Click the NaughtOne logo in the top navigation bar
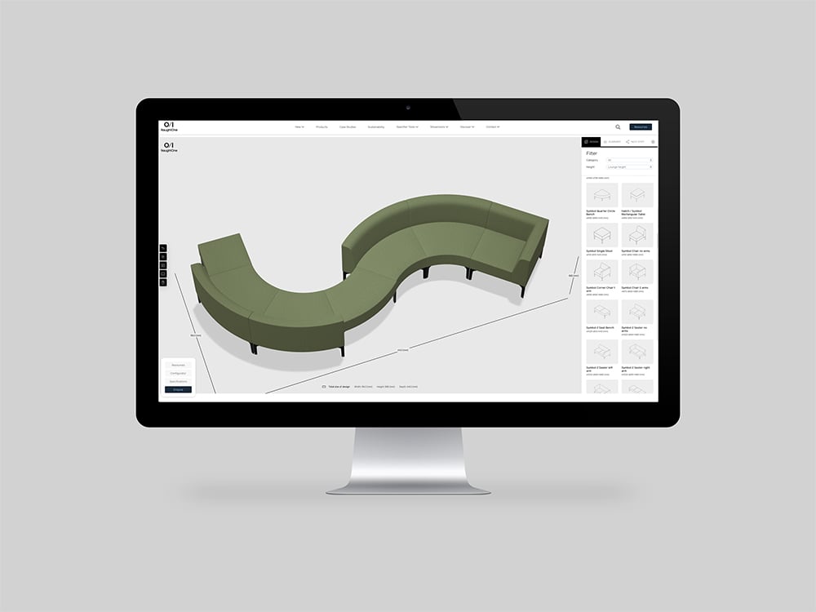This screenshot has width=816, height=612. [x=170, y=126]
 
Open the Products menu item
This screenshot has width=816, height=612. [x=322, y=127]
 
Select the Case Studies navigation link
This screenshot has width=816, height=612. [x=347, y=127]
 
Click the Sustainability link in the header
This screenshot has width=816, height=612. [x=376, y=127]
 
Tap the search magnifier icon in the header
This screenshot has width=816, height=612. [x=618, y=127]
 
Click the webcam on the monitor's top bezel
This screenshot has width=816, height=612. [x=408, y=108]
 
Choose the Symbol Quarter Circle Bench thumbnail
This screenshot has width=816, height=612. [x=601, y=195]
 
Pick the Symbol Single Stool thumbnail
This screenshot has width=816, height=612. [x=601, y=235]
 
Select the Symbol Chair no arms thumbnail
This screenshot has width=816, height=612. [x=636, y=235]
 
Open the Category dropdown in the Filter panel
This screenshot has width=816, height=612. [x=629, y=160]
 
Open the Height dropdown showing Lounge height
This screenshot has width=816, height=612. [x=629, y=166]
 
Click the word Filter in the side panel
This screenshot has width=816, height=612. [x=592, y=153]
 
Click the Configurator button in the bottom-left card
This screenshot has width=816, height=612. [x=178, y=373]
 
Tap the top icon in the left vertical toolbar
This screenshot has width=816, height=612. [x=163, y=247]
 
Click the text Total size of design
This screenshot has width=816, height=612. [x=339, y=386]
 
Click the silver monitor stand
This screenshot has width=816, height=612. [x=408, y=461]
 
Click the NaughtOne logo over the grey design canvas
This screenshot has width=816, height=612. [x=169, y=147]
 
